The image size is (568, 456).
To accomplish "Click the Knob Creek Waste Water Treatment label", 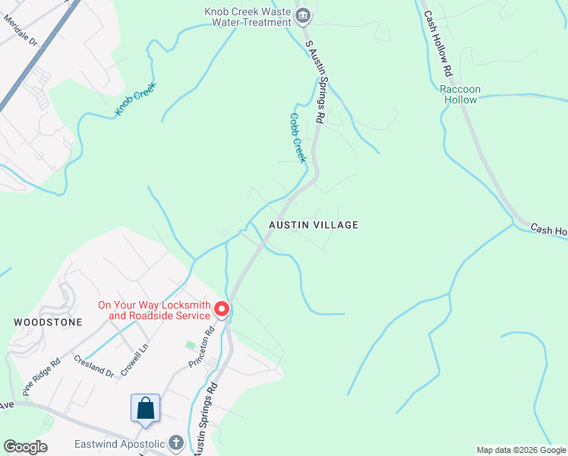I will click(x=248, y=17).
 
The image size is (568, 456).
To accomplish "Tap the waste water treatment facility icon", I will click(x=303, y=15).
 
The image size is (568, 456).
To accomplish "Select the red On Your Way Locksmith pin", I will click(x=221, y=309).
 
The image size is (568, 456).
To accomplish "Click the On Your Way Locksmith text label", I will click(x=154, y=311).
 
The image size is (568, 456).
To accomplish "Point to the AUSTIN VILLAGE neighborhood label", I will click(x=313, y=225).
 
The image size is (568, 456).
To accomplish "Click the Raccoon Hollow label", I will click(x=460, y=94).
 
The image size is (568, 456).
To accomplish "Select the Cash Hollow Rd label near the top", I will click(x=438, y=44).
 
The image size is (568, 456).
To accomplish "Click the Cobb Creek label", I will click(x=297, y=138).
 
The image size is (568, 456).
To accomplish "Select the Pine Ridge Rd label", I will click(x=40, y=378).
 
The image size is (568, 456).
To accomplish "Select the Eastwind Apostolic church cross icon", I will click(x=175, y=442).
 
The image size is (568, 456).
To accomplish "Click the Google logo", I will click(x=26, y=447).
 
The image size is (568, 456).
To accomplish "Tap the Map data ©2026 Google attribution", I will click(x=521, y=450).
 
